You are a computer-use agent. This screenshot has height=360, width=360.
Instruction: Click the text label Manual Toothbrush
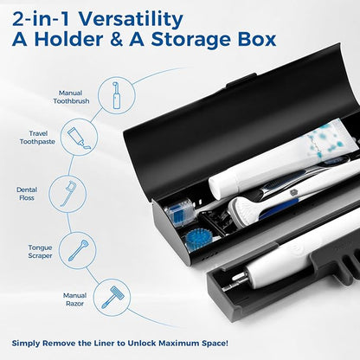click(x=72, y=96)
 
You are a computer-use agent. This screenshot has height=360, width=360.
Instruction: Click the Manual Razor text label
click(x=74, y=299)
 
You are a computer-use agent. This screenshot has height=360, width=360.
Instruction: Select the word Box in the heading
click(x=256, y=40)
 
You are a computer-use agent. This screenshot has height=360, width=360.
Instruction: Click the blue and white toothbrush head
click(x=179, y=210)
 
